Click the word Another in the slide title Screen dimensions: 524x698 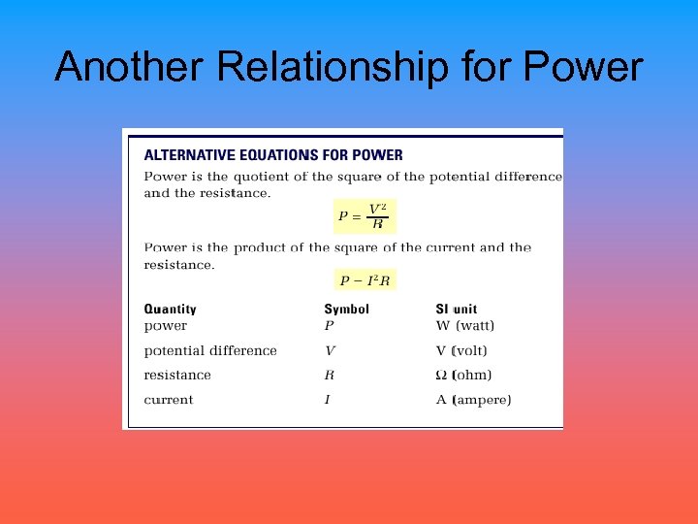(130, 67)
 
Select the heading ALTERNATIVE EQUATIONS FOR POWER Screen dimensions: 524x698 (273, 154)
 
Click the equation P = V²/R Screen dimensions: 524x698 (365, 216)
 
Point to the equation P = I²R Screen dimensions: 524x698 (365, 280)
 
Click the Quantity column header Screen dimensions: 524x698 (170, 310)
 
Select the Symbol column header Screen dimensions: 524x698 (346, 310)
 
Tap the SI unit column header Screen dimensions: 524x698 (457, 310)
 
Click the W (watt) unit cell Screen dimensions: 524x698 (465, 326)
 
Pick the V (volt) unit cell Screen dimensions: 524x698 (461, 350)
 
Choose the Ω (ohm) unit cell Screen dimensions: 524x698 (463, 375)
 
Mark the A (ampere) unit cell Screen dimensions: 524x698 (473, 399)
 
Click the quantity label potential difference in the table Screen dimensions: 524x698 (210, 350)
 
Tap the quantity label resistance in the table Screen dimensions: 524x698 (177, 375)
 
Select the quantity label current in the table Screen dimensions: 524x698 (169, 399)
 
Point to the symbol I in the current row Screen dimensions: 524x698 (328, 399)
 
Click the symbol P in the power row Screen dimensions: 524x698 (329, 326)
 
